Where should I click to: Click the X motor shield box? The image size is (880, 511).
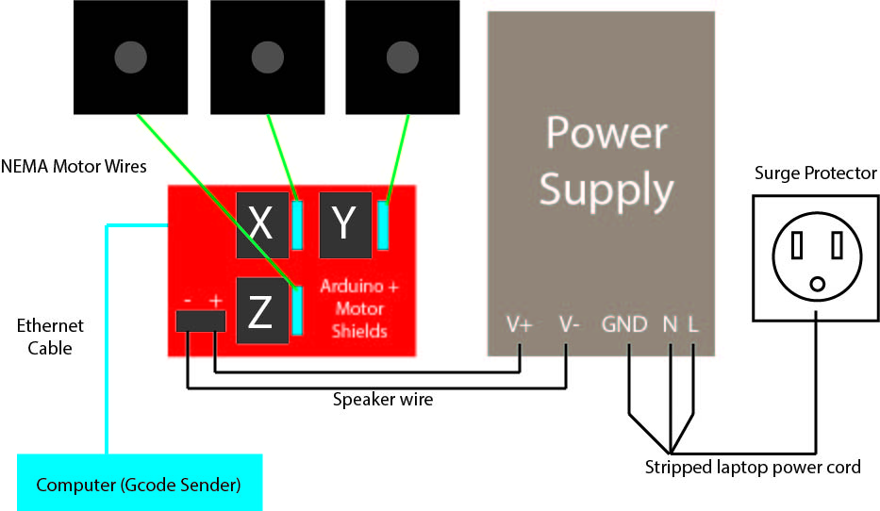(x=261, y=224)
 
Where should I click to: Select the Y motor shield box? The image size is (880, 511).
(x=345, y=224)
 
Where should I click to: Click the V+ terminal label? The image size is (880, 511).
(x=520, y=325)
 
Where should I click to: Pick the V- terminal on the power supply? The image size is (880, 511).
(x=569, y=325)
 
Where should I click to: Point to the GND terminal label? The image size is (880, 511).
(x=625, y=325)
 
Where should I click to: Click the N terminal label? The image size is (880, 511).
(x=670, y=325)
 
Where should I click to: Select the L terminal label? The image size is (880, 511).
(x=693, y=325)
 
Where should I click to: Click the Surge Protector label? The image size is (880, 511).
(x=816, y=173)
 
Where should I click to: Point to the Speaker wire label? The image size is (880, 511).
(x=383, y=399)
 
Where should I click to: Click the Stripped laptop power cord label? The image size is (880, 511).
(x=753, y=467)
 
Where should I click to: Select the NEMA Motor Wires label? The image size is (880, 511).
(x=75, y=168)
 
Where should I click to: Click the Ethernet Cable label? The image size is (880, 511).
(x=50, y=337)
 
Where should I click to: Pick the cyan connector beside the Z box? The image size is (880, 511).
(x=297, y=311)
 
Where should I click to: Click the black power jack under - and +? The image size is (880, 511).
(x=201, y=321)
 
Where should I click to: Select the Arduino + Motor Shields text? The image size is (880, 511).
(x=358, y=308)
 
